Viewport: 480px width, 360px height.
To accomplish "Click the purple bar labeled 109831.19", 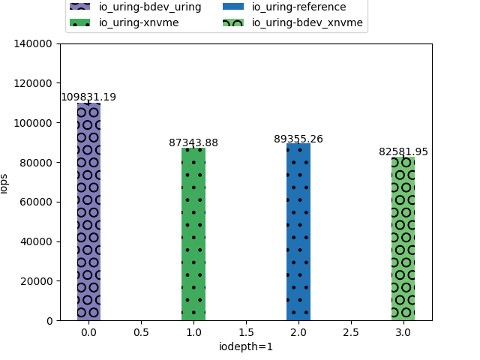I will pos(88,211).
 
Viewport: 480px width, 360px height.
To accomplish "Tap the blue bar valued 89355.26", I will pos(298,232).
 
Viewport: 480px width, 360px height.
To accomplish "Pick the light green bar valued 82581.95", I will pos(403,238).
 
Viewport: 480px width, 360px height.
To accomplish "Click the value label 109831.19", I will pos(88,97).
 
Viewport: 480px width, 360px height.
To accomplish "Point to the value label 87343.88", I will pos(193,142).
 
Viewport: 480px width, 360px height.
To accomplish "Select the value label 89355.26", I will pos(298,139).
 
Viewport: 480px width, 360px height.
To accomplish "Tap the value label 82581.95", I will pos(403,151).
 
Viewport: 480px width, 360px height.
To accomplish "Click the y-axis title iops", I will pos(4,182).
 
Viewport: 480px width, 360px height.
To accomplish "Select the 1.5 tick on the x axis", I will pos(245,331).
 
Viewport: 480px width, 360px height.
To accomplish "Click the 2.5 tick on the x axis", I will pos(350,331).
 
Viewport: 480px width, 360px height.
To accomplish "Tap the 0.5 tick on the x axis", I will pos(141,331).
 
